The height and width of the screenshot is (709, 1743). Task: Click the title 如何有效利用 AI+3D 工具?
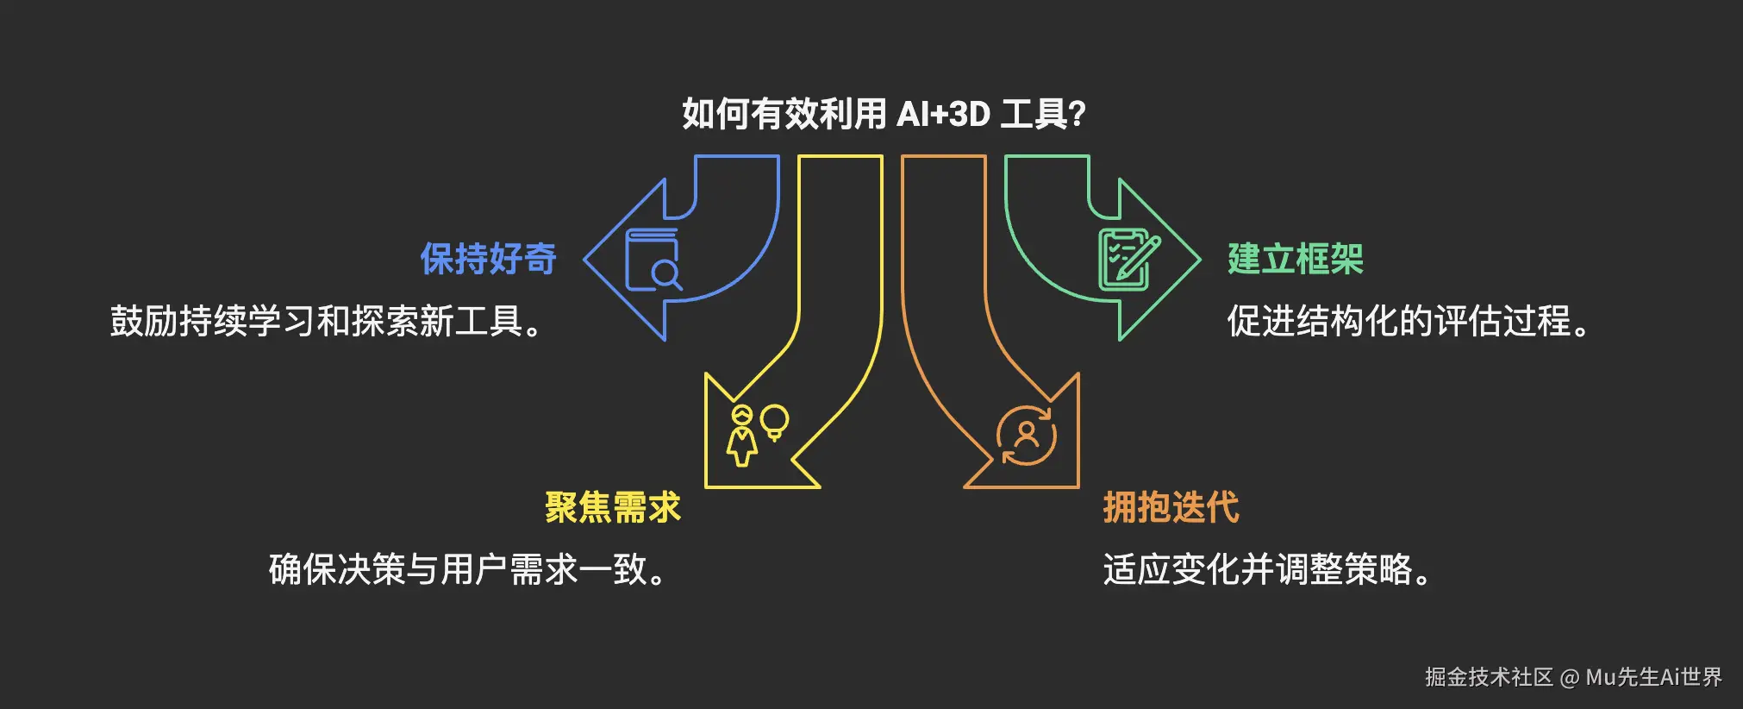tap(884, 114)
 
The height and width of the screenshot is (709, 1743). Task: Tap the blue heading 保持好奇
tap(488, 259)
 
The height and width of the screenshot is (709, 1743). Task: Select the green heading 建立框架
tap(1295, 259)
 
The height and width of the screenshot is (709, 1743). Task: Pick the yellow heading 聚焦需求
tap(612, 507)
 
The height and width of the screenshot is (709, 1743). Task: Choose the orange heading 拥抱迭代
tap(1171, 507)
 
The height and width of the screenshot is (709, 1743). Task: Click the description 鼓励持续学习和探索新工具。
tap(327, 321)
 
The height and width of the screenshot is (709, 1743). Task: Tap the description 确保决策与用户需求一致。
tap(468, 569)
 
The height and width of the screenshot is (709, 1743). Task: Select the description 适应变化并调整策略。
tap(1267, 569)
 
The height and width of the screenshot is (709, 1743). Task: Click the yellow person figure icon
tap(741, 436)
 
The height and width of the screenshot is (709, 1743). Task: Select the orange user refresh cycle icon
tap(1026, 436)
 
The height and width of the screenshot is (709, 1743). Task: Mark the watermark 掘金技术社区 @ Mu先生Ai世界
tap(1573, 677)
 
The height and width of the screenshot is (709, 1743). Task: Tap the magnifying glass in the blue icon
tap(665, 275)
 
